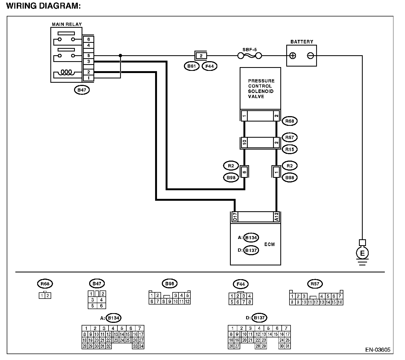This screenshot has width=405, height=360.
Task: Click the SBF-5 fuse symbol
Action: click(250, 56)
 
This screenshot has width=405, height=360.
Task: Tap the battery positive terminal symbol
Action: click(293, 56)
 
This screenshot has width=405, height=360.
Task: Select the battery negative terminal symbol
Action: click(310, 56)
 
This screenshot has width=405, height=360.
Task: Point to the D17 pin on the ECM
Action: click(235, 217)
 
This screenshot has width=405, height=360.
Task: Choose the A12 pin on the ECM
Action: click(277, 217)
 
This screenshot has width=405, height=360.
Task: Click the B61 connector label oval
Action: click(191, 66)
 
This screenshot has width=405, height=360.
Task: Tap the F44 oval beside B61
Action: click(210, 66)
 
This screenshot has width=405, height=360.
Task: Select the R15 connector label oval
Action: click(290, 149)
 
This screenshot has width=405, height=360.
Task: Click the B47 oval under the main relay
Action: click(82, 90)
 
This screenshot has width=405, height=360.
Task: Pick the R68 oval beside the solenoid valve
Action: click(290, 121)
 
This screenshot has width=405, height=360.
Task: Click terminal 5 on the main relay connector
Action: click(88, 56)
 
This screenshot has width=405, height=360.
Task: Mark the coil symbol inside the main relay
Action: click(66, 72)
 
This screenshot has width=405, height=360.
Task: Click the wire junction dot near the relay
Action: click(120, 56)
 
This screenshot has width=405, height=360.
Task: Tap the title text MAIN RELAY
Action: click(67, 24)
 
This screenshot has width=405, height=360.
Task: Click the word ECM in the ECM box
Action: click(270, 244)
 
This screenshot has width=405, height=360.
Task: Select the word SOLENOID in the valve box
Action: click(261, 91)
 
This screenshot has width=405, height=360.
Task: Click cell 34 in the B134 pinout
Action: click(141, 346)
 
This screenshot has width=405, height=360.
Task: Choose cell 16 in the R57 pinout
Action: click(340, 302)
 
